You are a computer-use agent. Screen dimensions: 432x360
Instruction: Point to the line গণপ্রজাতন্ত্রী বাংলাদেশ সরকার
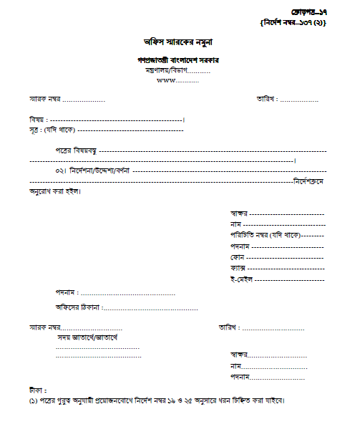[x=178, y=59]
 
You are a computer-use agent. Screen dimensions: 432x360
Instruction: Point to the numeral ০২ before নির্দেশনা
[x=59, y=172]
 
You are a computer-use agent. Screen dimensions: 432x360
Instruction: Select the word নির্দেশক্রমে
[x=309, y=182]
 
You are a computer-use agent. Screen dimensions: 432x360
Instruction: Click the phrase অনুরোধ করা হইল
[x=56, y=192]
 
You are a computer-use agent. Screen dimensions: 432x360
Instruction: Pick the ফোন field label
[x=238, y=256]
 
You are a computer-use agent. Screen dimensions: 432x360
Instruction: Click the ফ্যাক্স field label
[x=239, y=267]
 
